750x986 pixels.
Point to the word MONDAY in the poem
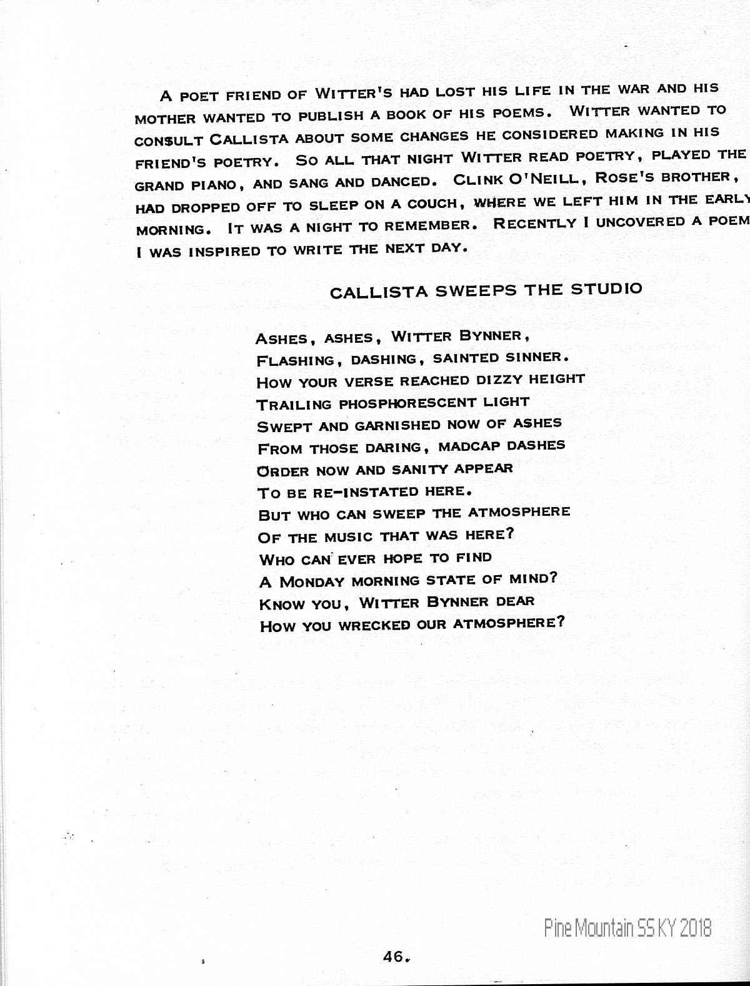pos(312,582)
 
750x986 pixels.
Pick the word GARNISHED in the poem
pos(397,425)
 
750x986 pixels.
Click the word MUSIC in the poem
pos(347,536)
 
